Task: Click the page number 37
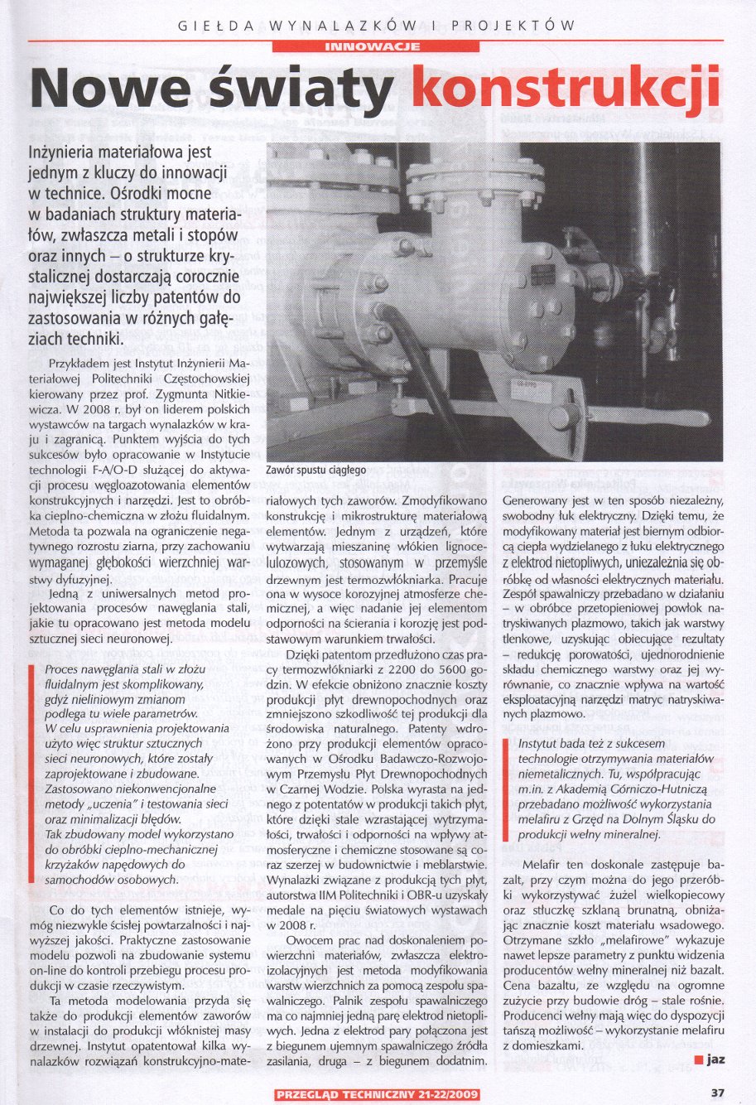click(x=718, y=1093)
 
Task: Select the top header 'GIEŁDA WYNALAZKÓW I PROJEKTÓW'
click(x=377, y=26)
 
